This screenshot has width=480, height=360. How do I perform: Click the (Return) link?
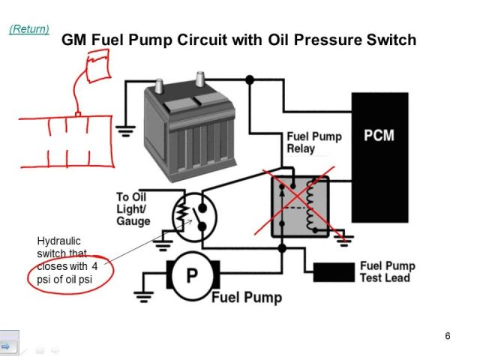click(x=28, y=29)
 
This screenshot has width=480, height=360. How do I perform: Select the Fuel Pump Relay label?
click(x=314, y=142)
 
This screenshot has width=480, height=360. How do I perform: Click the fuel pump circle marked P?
click(x=192, y=276)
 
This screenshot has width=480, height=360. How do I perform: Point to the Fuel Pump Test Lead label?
click(x=387, y=271)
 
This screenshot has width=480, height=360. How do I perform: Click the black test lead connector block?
click(x=333, y=272)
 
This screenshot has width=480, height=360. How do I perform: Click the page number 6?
click(x=448, y=335)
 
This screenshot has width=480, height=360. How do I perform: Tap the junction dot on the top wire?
click(x=249, y=79)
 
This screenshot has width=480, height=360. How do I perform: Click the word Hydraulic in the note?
click(x=56, y=241)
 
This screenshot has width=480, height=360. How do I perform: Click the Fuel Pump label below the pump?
click(x=247, y=298)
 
